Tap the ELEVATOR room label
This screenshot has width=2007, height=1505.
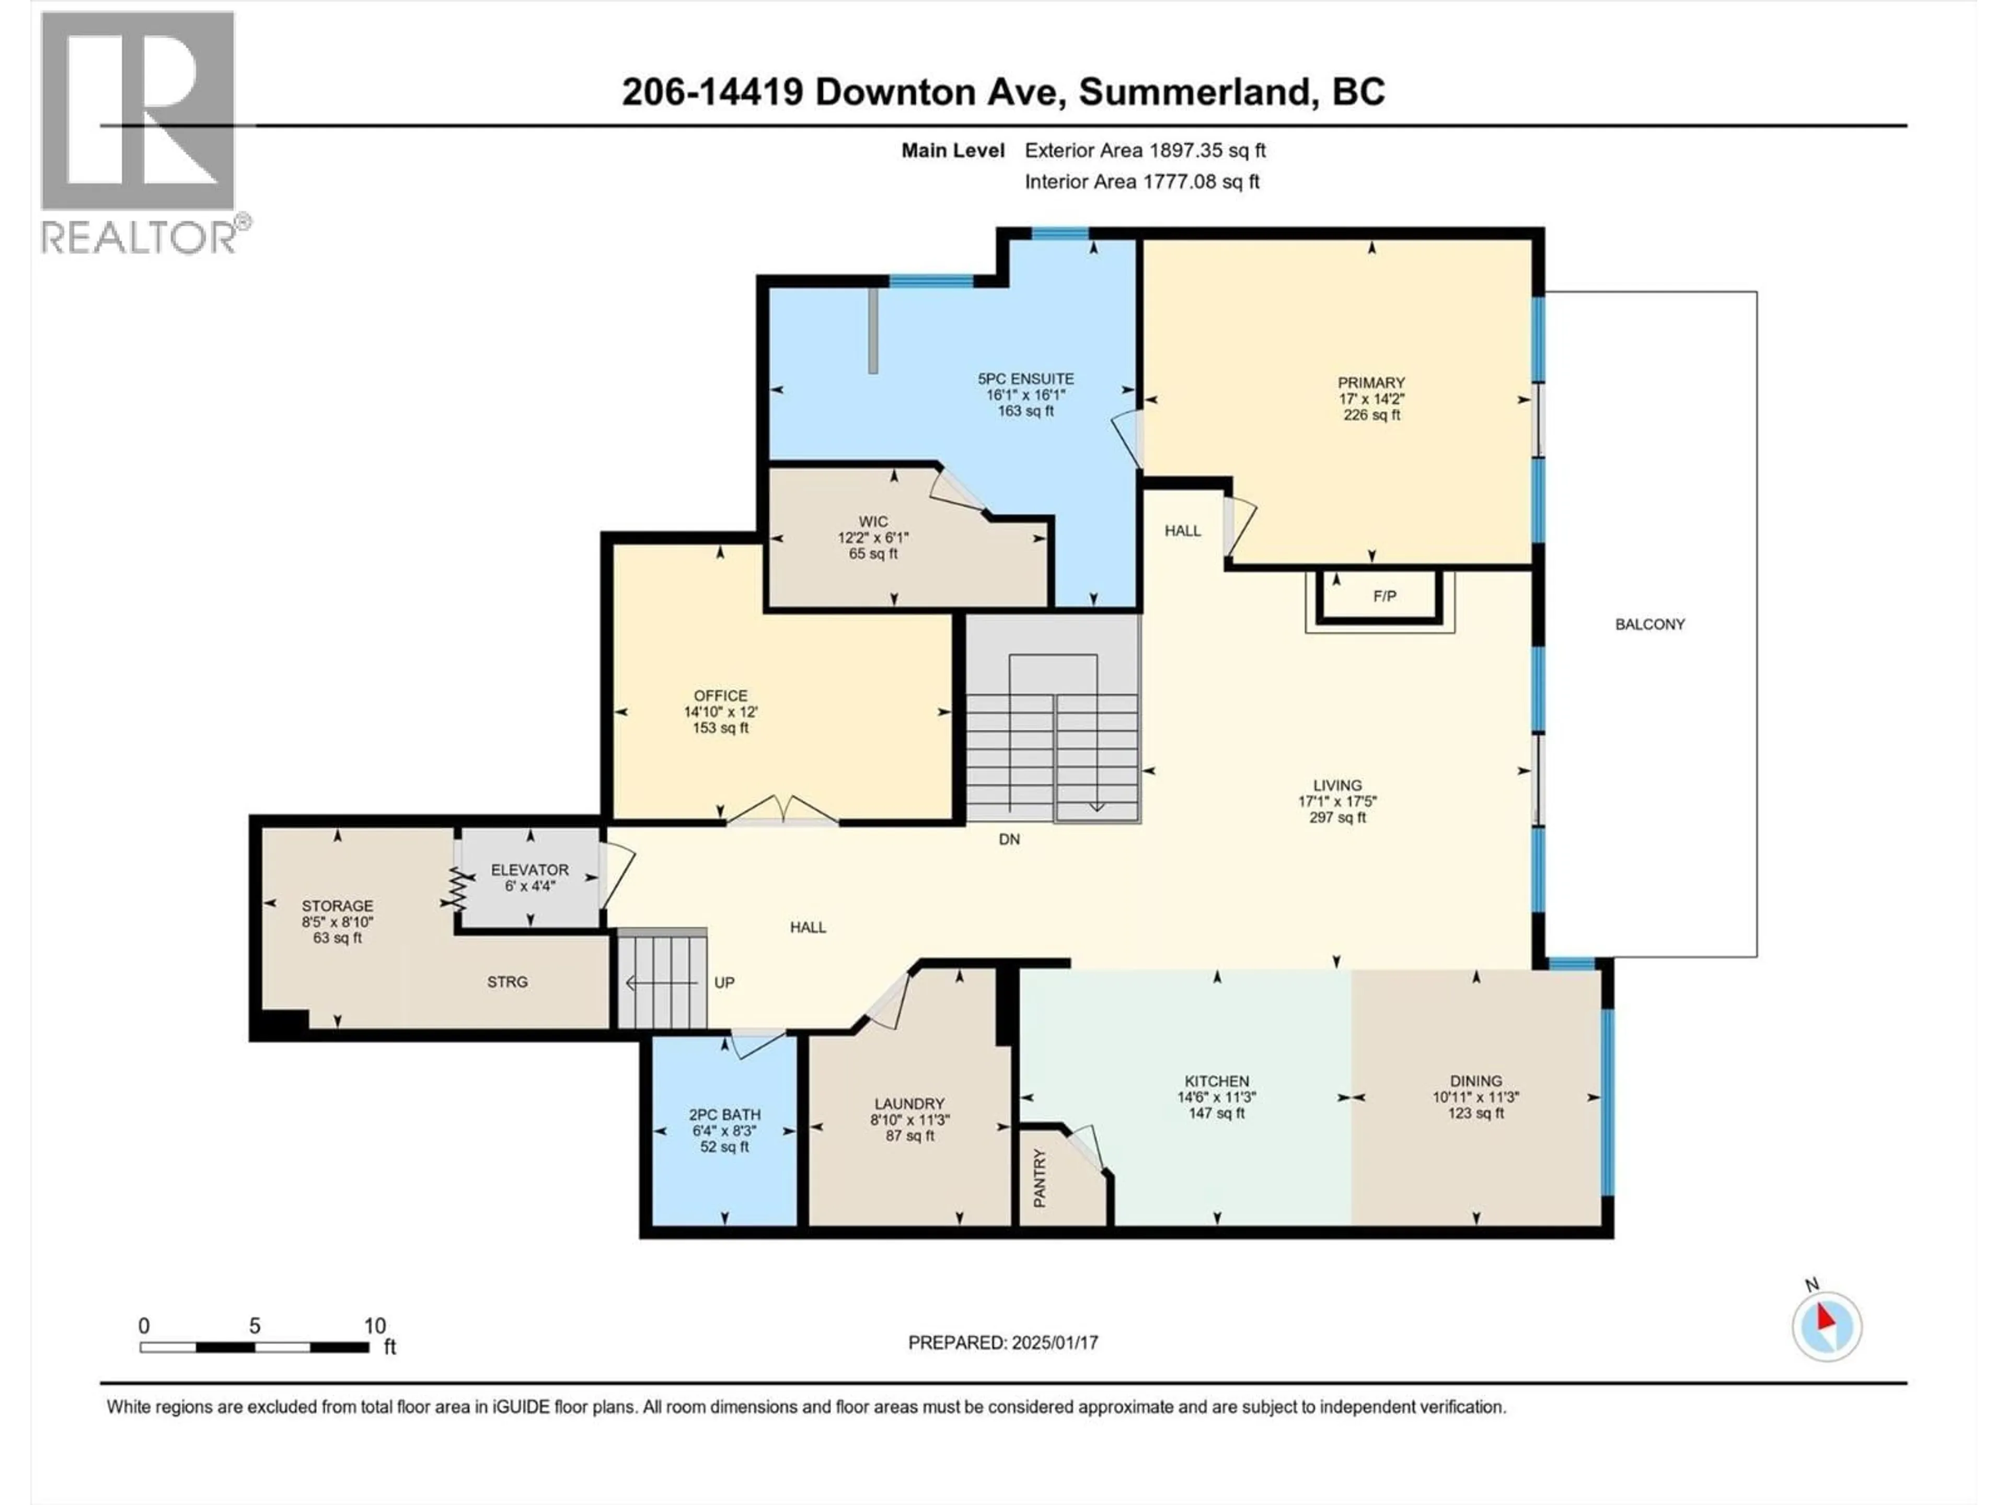click(x=530, y=869)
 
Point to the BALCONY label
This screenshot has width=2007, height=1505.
click(x=1650, y=624)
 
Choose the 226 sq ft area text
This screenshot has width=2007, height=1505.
click(x=1371, y=414)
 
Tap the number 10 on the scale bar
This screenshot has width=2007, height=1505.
click(x=375, y=1325)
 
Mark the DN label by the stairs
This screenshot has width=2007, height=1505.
click(x=1009, y=839)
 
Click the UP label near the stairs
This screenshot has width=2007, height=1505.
click(x=724, y=981)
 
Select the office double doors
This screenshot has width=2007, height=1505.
click(x=782, y=810)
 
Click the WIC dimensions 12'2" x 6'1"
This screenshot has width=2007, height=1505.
click(x=873, y=537)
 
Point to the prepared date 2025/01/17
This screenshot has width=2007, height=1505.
click(x=1053, y=1342)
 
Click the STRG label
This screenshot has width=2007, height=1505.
click(x=506, y=981)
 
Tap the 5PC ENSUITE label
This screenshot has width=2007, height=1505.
click(x=1025, y=378)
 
